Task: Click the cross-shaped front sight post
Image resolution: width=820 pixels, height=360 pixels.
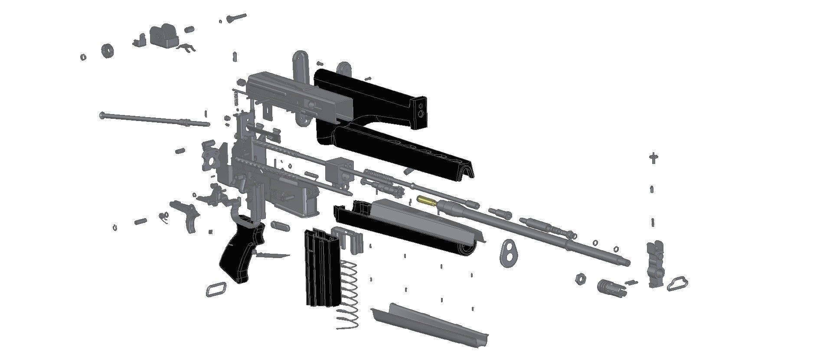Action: (x=653, y=158)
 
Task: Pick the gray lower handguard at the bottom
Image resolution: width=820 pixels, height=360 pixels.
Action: (x=429, y=323)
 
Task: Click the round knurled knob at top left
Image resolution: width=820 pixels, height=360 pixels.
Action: (x=107, y=50)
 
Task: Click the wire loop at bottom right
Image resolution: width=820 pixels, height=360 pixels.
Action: (x=677, y=285)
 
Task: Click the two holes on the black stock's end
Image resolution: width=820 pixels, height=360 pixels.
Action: (x=420, y=109)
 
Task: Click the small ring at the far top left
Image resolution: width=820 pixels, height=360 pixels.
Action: (x=82, y=57)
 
